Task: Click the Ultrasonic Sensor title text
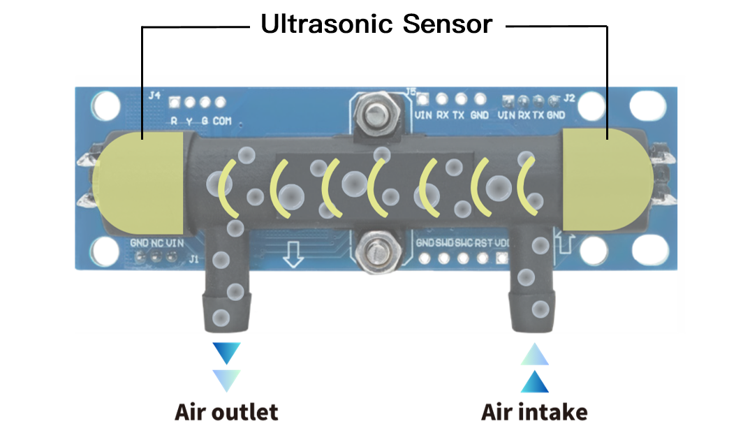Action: click(377, 24)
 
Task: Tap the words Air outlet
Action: click(226, 412)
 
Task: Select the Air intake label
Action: click(534, 412)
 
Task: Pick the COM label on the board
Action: click(222, 121)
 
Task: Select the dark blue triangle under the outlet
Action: click(226, 353)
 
